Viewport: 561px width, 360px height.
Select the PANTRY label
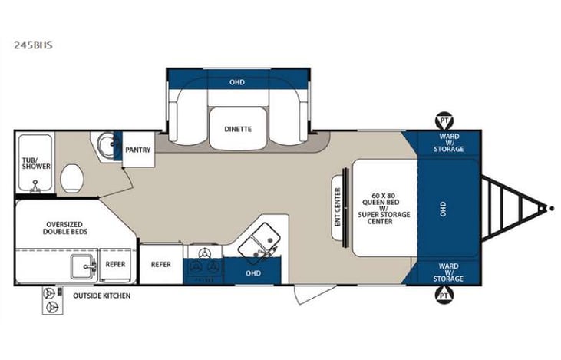tap(137, 150)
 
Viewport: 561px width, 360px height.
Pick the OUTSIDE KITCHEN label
tap(101, 296)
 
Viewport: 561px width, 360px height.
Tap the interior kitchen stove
tap(203, 259)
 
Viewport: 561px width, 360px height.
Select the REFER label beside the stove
tap(160, 263)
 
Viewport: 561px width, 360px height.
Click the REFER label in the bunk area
tap(115, 263)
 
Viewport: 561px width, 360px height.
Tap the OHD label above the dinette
tap(238, 82)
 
